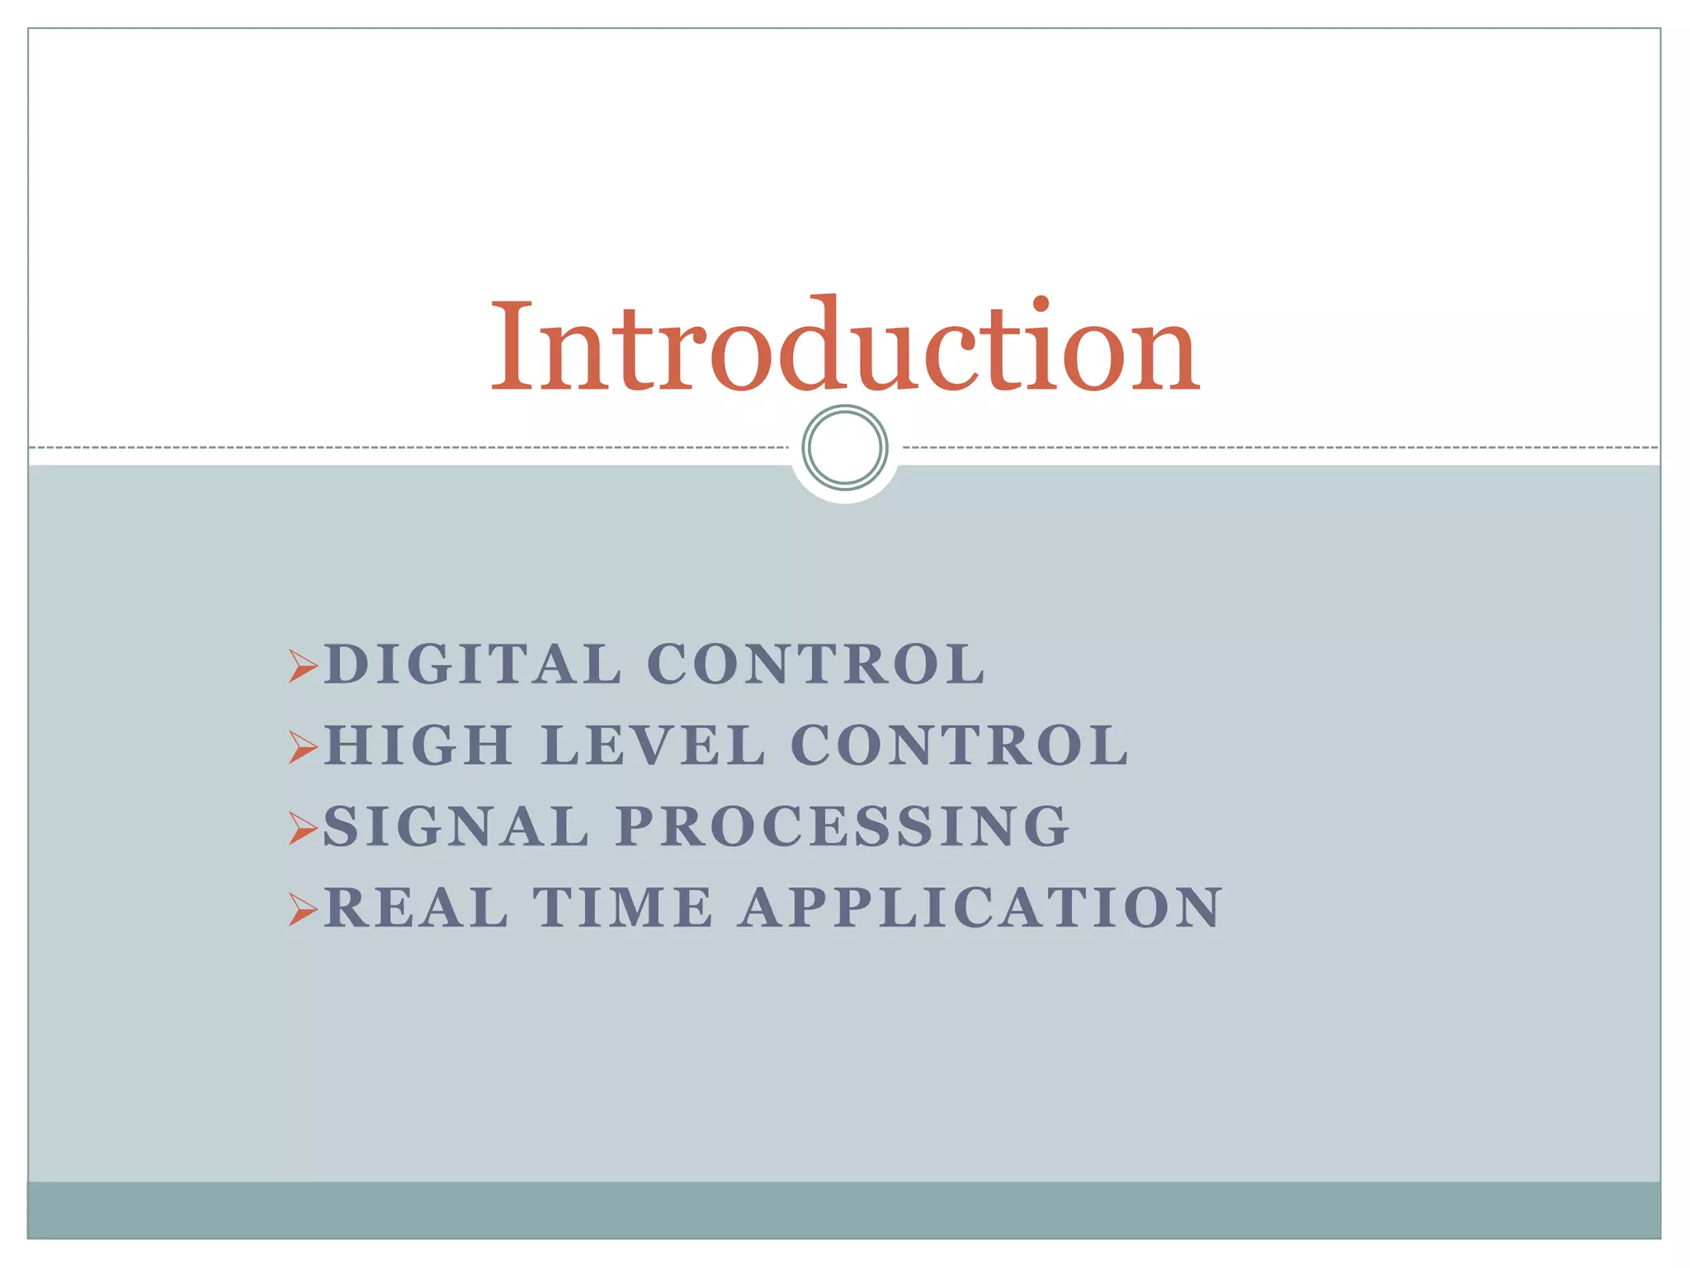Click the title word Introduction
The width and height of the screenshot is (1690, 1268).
click(x=845, y=347)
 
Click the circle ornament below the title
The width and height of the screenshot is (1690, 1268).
click(x=845, y=447)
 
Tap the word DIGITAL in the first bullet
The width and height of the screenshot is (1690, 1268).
click(x=472, y=664)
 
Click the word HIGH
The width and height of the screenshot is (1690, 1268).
click(x=419, y=745)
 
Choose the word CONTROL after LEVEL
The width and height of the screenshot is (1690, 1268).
click(x=960, y=745)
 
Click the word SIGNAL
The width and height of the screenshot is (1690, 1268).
click(x=456, y=826)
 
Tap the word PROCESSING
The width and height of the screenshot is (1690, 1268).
click(x=843, y=826)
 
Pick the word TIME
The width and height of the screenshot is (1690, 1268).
click(x=623, y=907)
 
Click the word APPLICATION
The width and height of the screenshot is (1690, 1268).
click(x=980, y=907)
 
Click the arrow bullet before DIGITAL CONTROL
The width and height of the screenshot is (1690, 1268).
click(x=303, y=665)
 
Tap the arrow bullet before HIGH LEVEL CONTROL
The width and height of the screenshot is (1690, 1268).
click(x=303, y=747)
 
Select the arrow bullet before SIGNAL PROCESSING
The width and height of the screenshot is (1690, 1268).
click(x=303, y=828)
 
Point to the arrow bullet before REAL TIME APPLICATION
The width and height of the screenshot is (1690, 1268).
click(x=303, y=909)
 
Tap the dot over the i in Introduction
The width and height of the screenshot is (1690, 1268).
click(x=1041, y=304)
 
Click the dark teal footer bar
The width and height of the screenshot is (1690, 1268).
click(x=845, y=1210)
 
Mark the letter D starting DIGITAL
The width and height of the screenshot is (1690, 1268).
click(x=345, y=664)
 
